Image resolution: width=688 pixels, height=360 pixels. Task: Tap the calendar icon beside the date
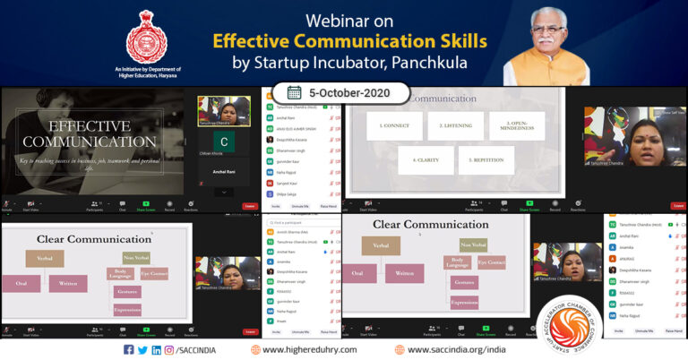point(294,92)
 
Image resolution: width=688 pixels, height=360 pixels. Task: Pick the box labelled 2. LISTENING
point(455,125)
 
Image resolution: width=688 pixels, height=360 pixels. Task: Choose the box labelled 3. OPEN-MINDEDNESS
point(517,125)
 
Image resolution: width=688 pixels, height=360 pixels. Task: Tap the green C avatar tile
point(223,141)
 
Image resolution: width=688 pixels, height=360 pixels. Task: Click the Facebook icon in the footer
point(128,349)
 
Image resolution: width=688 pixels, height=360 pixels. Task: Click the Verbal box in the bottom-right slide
point(381,245)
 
